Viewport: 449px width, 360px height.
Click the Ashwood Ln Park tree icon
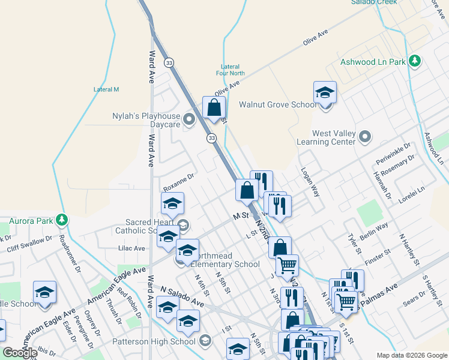(x=414, y=61)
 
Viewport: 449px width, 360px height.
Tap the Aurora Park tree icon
(x=61, y=221)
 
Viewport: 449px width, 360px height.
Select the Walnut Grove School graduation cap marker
(x=325, y=94)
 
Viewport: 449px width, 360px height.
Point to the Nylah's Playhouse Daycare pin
(x=190, y=119)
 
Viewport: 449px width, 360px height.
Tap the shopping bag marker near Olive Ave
(x=214, y=109)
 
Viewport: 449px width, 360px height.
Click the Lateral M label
(x=106, y=89)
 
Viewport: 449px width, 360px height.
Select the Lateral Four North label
(x=233, y=70)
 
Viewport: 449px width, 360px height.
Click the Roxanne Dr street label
(x=179, y=178)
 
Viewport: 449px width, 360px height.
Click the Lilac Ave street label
(x=131, y=248)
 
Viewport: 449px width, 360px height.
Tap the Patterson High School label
(x=154, y=341)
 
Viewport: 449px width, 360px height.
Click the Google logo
(x=20, y=352)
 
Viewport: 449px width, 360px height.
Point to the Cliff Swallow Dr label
(x=29, y=244)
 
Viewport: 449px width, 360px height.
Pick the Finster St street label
(x=378, y=259)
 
